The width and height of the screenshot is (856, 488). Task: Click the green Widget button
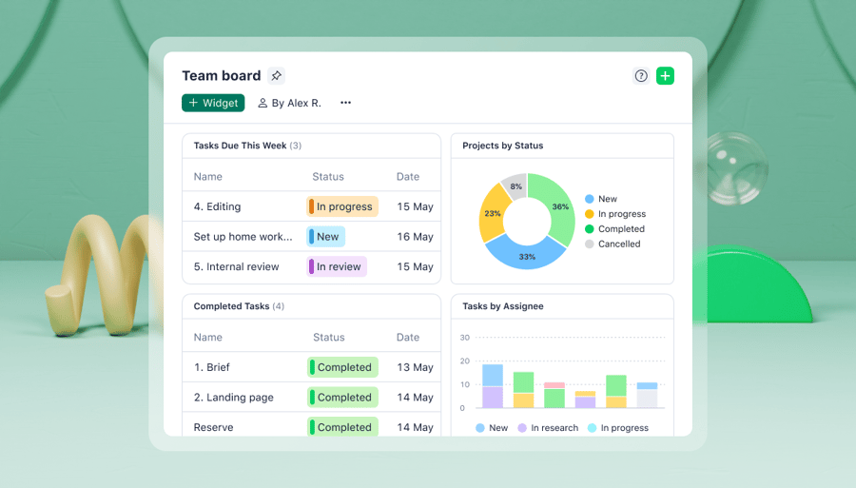[213, 103]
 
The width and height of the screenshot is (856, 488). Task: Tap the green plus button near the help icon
[665, 76]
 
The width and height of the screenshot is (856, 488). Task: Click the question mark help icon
[641, 76]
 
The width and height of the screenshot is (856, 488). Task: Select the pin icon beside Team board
[276, 76]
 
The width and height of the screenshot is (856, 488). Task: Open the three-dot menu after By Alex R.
[345, 103]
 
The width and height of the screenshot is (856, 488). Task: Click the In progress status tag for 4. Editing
[342, 206]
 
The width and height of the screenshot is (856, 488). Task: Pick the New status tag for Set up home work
[326, 237]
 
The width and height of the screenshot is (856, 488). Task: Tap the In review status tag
[337, 267]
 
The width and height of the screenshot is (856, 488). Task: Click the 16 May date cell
[415, 237]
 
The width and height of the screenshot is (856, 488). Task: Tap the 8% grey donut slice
[516, 186]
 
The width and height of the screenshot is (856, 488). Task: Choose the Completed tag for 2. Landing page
[343, 398]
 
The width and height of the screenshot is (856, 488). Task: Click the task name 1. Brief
[212, 367]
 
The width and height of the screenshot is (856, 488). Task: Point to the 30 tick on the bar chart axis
[465, 338]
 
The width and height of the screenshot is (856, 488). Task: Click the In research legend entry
[548, 428]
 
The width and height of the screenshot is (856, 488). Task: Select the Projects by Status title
[503, 146]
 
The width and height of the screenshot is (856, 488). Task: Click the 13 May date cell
[416, 367]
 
